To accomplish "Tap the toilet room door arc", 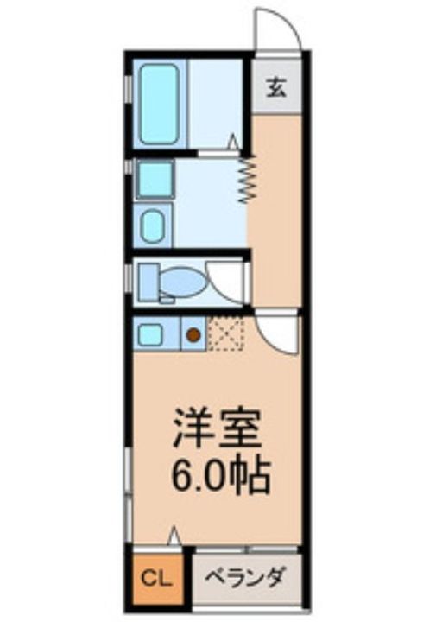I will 226,285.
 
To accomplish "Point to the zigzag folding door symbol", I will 245,178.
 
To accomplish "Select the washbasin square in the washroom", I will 154,181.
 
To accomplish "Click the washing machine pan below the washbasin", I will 154,226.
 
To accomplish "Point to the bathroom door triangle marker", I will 233,141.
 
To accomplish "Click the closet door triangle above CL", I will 174,536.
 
